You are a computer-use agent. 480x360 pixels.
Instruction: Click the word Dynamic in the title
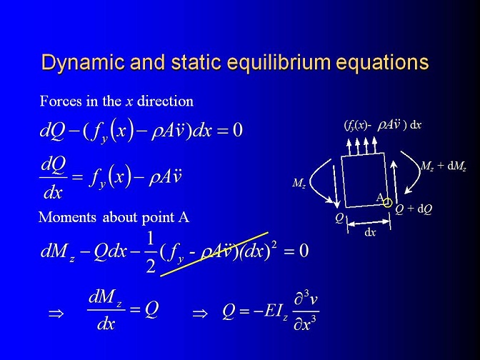(83, 63)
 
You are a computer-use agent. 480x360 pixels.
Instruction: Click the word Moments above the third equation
(67, 217)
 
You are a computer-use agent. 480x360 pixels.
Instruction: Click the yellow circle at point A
(388, 203)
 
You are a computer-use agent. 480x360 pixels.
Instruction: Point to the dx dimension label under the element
(370, 232)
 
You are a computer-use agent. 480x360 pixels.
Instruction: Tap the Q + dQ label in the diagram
(414, 209)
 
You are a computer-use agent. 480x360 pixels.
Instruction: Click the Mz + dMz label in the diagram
(444, 166)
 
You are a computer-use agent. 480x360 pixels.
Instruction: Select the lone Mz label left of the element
(299, 184)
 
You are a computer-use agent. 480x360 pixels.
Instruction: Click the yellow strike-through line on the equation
(214, 254)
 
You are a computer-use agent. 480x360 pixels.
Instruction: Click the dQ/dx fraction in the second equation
(54, 178)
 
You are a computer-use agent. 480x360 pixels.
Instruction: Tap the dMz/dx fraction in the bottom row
(106, 310)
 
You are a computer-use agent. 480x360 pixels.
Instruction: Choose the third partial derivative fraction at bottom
(306, 312)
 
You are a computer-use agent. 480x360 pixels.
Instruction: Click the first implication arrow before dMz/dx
(56, 314)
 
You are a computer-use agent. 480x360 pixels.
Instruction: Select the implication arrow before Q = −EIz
(200, 314)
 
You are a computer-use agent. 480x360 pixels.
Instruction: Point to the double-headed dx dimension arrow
(369, 223)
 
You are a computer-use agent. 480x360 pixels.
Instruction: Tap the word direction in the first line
(165, 101)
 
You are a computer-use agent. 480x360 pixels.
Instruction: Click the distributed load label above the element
(383, 125)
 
